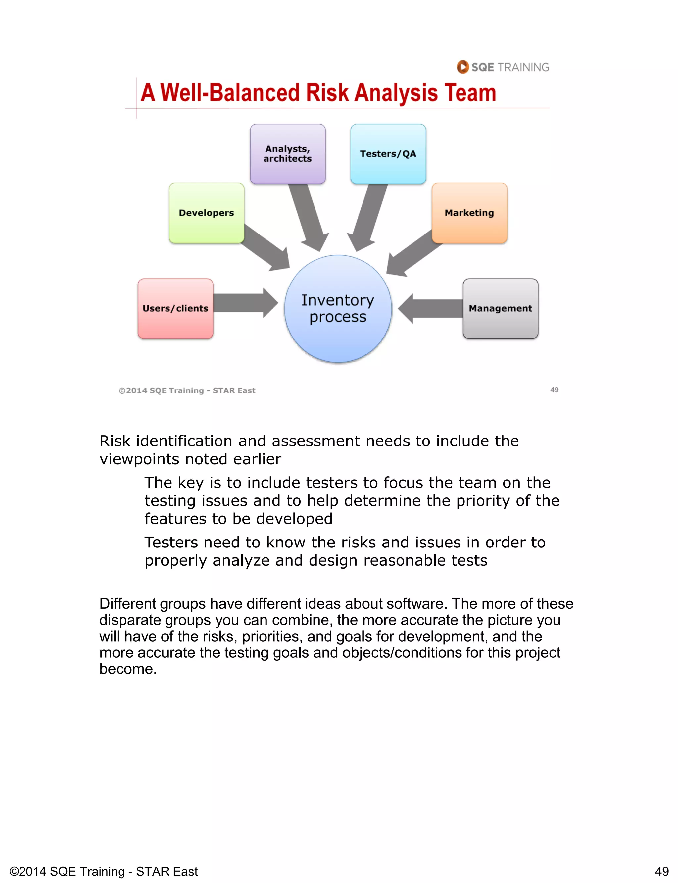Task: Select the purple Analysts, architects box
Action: (287, 154)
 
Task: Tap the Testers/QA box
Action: (388, 154)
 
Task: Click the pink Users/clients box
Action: (175, 308)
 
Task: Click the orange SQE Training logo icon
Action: (462, 67)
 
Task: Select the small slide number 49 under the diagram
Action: (554, 390)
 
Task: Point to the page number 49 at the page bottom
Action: (662, 871)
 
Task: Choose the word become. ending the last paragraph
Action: (128, 669)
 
